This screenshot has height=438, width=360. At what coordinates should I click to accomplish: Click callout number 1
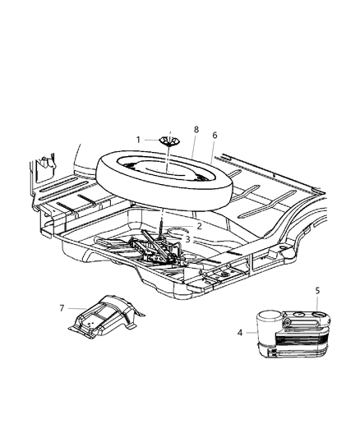click(x=139, y=139)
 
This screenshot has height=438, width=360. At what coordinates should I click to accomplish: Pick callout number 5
click(x=318, y=290)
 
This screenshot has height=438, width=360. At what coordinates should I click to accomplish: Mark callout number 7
click(x=61, y=308)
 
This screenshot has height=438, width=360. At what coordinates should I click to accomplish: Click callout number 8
click(x=196, y=129)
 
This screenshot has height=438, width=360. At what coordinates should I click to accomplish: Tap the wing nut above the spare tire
click(x=167, y=141)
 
